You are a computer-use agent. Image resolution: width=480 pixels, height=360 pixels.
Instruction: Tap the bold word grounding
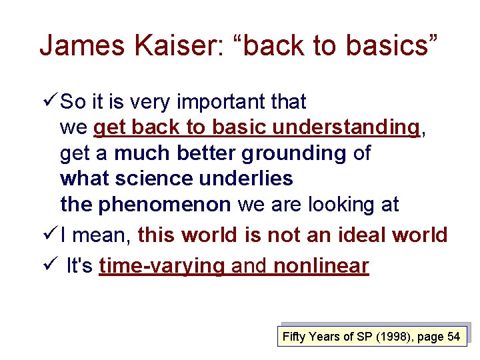click(x=293, y=153)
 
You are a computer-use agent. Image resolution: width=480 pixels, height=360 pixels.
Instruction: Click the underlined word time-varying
click(x=162, y=266)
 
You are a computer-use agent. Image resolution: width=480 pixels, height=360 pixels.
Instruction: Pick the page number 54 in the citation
click(x=453, y=337)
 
